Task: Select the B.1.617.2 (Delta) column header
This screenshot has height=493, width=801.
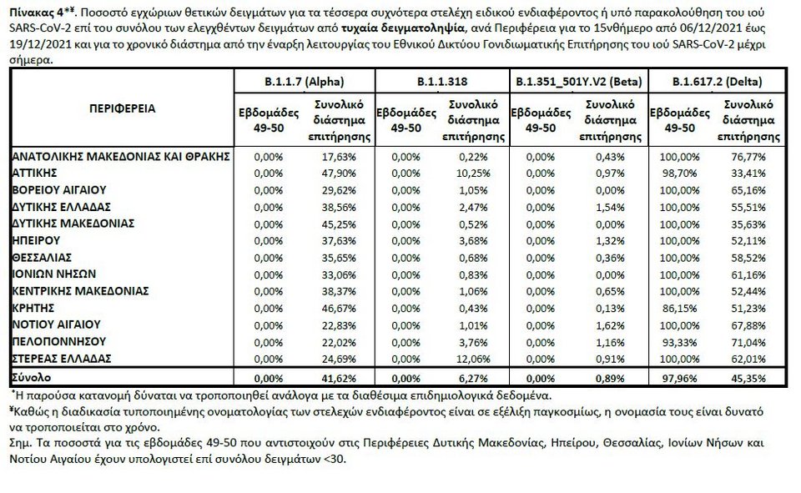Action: tap(718, 82)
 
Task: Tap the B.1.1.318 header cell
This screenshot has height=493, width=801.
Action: tap(441, 82)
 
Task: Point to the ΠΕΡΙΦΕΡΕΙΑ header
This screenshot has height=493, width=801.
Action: tap(123, 108)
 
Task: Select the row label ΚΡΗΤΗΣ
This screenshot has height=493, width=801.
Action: tap(33, 307)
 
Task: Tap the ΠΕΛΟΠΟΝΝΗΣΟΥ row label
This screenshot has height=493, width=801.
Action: tap(58, 341)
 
